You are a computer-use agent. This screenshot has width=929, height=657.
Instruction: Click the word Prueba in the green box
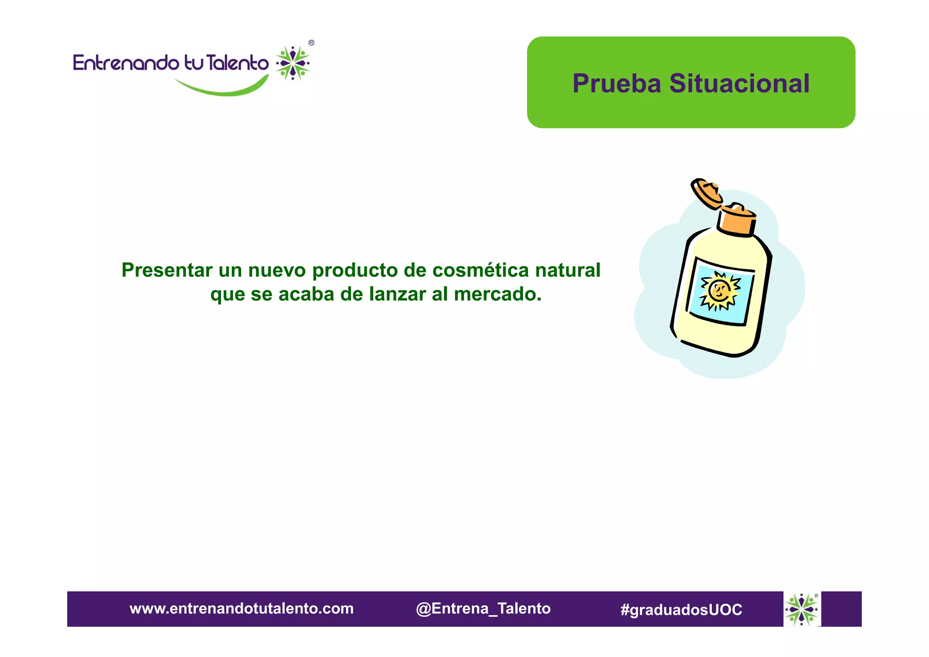(616, 84)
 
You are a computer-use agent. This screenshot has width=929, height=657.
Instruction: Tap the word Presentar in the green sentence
(167, 270)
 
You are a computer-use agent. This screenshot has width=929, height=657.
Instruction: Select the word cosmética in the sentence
(481, 270)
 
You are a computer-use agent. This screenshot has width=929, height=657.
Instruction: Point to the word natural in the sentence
(567, 270)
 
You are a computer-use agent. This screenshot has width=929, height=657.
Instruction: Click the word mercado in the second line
(498, 294)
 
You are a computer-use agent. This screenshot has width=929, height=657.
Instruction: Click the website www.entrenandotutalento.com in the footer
(241, 608)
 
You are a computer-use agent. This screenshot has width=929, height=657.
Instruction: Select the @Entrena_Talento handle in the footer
(483, 608)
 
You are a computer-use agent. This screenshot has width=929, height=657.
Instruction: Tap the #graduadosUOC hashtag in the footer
(681, 609)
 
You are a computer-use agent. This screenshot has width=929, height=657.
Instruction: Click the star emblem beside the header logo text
(293, 63)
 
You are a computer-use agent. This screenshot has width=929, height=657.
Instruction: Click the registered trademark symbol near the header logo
(311, 43)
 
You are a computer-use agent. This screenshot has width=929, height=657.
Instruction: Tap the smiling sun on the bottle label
(719, 291)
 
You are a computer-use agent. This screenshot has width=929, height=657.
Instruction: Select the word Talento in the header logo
(237, 63)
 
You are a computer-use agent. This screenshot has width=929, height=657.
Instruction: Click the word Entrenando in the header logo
(126, 63)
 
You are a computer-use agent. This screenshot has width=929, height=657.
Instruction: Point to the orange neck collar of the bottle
(737, 222)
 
